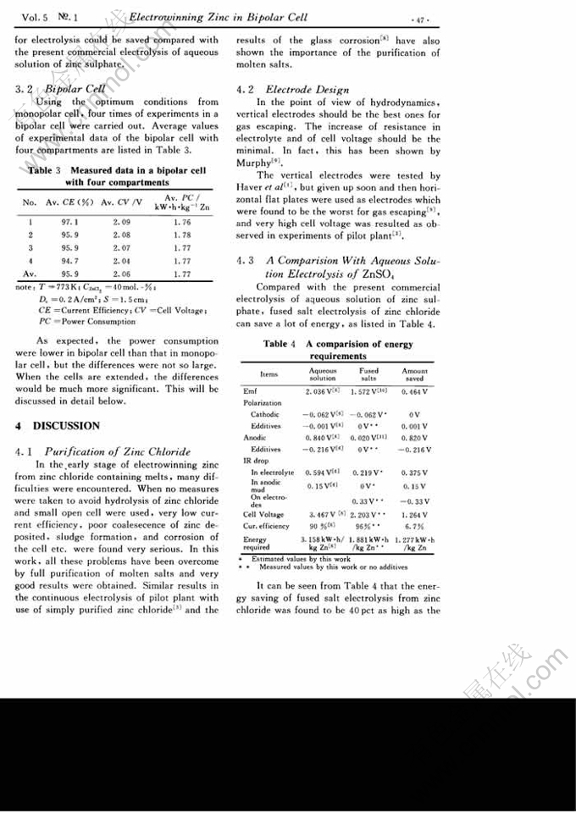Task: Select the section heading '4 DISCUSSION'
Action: pyautogui.click(x=58, y=426)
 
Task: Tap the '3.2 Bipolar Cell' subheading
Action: pyautogui.click(x=60, y=87)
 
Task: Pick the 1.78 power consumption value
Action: pyautogui.click(x=180, y=234)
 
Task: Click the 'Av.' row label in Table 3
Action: pyautogui.click(x=30, y=274)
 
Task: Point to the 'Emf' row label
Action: pyautogui.click(x=250, y=391)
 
